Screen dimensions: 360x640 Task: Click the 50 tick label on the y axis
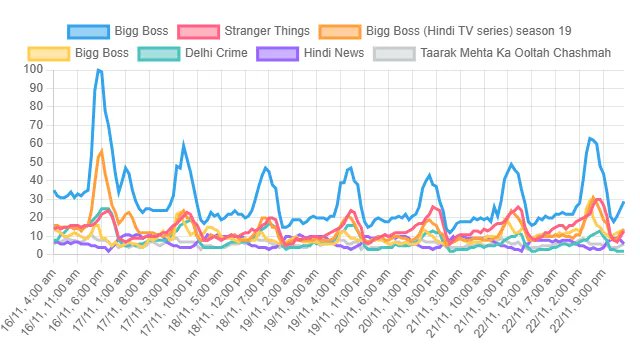[36, 162]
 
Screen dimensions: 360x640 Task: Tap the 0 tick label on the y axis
[40, 254]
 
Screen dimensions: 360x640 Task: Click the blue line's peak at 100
[98, 69]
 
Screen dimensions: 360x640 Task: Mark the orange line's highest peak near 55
[102, 151]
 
